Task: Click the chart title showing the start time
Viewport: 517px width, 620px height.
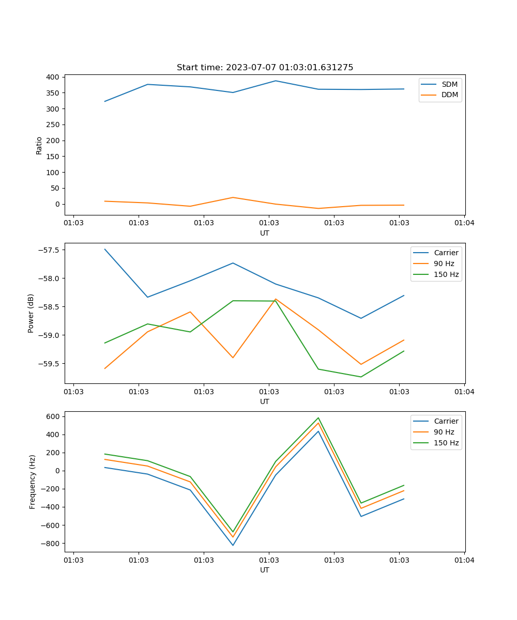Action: (x=265, y=68)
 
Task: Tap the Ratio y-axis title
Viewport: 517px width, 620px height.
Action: (x=39, y=146)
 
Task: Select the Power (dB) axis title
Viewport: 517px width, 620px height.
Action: (x=31, y=313)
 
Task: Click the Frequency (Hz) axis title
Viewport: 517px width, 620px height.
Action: (x=33, y=482)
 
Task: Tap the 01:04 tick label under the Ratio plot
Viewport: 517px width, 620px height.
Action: (x=464, y=223)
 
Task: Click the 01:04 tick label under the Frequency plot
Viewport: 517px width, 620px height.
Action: (x=464, y=560)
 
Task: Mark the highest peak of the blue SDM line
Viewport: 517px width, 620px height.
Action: (x=276, y=81)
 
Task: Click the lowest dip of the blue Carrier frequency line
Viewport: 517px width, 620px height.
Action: (x=233, y=545)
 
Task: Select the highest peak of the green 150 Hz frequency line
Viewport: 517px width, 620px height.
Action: (x=318, y=418)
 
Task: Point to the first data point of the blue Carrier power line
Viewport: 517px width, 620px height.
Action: (x=105, y=249)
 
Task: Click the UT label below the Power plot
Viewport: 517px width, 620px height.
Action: (x=265, y=401)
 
